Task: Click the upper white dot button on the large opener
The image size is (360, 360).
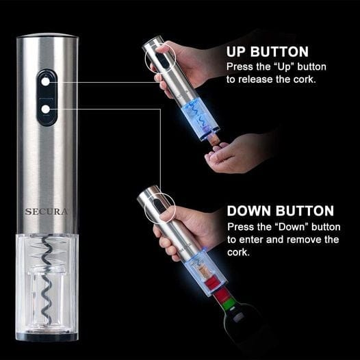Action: tap(46, 81)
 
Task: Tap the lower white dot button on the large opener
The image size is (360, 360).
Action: tap(46, 108)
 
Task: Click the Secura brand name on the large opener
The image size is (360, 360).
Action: tap(46, 211)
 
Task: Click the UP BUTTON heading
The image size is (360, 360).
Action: tap(268, 52)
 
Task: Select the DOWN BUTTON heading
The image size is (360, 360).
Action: tap(280, 211)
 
